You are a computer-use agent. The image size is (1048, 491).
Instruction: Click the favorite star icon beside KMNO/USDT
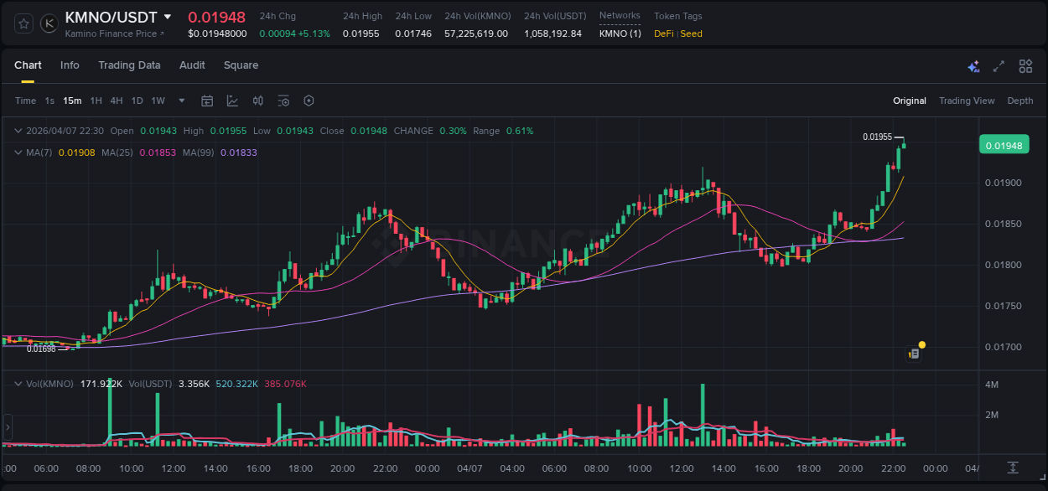(23, 23)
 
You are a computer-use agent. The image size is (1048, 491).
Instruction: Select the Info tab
(70, 65)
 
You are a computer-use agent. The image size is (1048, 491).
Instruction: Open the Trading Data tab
(129, 65)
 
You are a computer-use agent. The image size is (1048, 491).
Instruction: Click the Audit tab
(192, 65)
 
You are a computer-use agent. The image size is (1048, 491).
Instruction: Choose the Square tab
(241, 65)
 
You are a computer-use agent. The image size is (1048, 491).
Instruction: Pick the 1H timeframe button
(96, 101)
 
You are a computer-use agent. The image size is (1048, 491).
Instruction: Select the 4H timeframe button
(117, 101)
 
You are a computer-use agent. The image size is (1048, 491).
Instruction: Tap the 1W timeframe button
(158, 101)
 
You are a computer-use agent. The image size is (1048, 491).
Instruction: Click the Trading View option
(967, 101)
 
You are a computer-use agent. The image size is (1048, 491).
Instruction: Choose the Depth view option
(1020, 101)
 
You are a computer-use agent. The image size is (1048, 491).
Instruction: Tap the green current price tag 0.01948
(1004, 145)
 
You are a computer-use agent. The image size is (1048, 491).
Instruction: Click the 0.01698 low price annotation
(41, 349)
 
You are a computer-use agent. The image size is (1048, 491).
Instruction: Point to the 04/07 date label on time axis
(470, 468)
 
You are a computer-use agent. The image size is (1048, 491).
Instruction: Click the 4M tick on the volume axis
(992, 385)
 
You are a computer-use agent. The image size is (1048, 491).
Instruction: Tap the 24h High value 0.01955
(361, 34)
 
